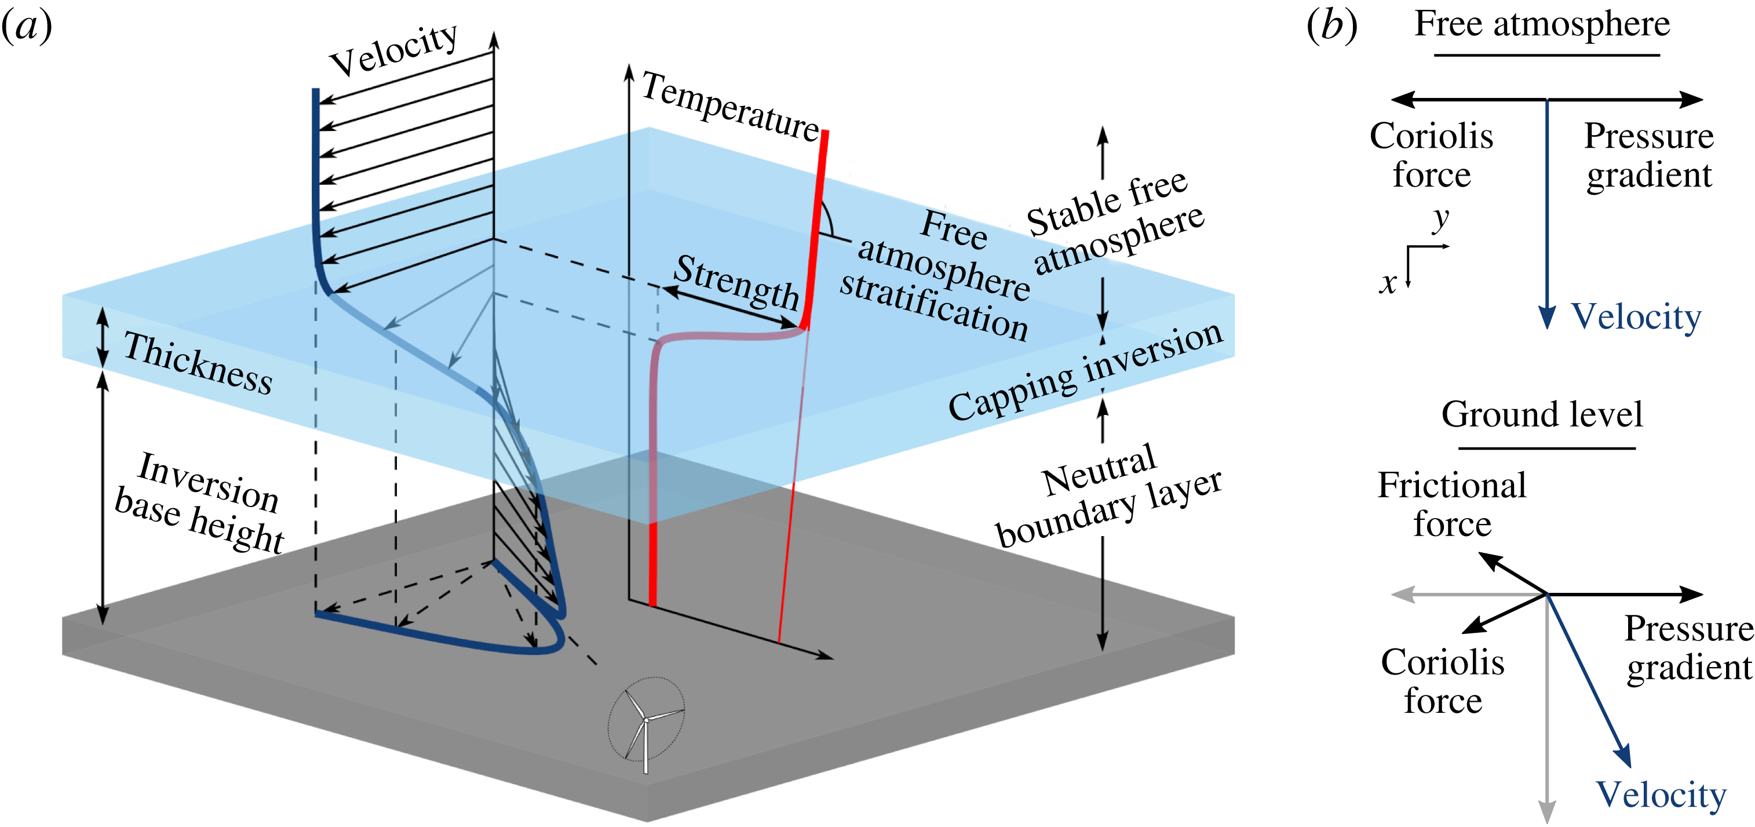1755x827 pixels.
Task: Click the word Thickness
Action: point(198,363)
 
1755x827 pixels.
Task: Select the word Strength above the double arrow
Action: point(736,282)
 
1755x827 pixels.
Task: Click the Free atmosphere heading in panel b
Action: point(1542,24)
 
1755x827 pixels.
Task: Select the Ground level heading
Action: point(1541,414)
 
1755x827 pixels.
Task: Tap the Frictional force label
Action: point(1451,504)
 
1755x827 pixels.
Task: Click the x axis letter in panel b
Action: point(1387,282)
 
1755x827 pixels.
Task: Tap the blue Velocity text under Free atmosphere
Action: point(1636,318)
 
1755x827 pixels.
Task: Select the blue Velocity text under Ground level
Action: point(1661,795)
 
